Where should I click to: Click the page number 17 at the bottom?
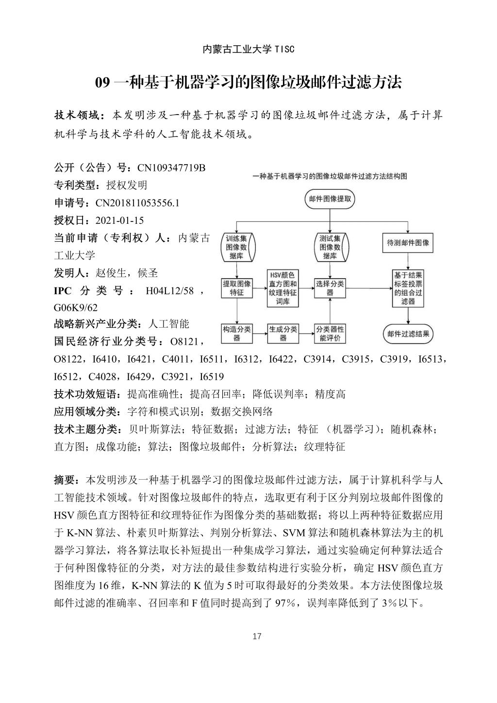tap(257, 636)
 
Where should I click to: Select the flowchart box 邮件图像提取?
tap(330, 199)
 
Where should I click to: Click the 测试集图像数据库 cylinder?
tap(330, 247)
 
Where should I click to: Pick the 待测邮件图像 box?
tap(408, 243)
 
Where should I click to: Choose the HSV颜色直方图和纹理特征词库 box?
tap(283, 288)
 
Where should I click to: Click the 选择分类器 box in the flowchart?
tap(330, 288)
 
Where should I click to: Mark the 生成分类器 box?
tap(283, 334)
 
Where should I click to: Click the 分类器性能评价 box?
tap(330, 334)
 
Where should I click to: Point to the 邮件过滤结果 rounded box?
tap(408, 334)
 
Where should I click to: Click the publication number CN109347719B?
tap(171, 168)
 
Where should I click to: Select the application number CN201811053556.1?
tap(137, 203)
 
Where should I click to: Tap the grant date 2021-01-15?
tap(119, 220)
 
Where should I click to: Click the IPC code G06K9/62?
tap(76, 308)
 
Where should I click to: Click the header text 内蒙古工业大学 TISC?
tap(248, 49)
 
